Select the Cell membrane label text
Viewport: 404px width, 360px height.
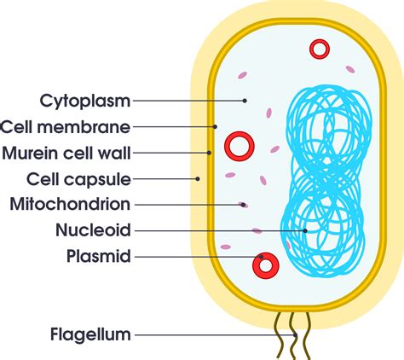tap(66, 127)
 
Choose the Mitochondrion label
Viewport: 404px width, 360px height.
tap(70, 204)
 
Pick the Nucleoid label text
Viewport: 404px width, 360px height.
tap(93, 229)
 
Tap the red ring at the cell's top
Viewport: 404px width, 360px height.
tap(320, 49)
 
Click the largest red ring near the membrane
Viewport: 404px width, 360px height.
tap(240, 145)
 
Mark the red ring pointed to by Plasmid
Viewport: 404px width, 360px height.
tap(265, 265)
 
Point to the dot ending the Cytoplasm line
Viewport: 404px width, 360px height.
tap(245, 101)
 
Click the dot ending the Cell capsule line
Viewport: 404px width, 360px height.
tap(198, 178)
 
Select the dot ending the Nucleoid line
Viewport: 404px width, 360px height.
tap(304, 229)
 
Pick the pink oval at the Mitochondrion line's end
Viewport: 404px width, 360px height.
tap(245, 204)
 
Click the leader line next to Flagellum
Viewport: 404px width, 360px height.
tap(213, 334)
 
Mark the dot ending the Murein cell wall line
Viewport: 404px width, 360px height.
tap(209, 153)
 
